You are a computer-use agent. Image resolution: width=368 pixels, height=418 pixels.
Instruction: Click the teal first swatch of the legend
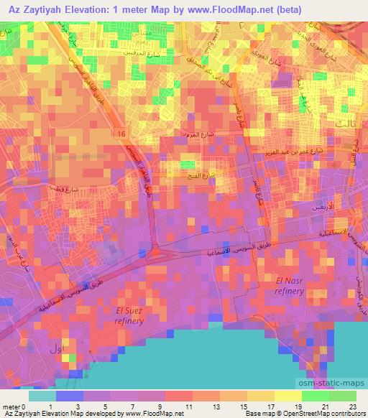(x=42, y=395)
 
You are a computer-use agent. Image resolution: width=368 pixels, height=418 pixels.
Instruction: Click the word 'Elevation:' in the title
(x=87, y=9)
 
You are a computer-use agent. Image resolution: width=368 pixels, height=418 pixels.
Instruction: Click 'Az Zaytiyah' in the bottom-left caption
(x=21, y=414)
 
